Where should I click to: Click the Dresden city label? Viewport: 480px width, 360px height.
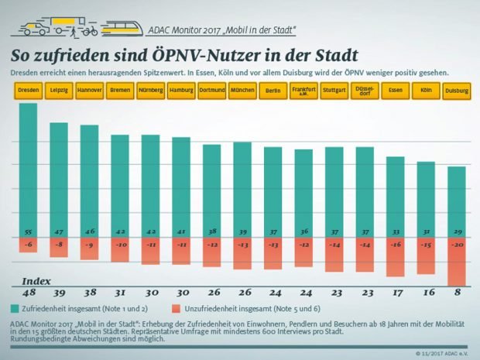click(x=28, y=91)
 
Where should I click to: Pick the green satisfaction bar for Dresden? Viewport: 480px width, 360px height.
click(x=28, y=170)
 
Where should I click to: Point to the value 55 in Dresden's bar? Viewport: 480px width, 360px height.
click(x=28, y=231)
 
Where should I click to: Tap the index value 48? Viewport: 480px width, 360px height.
click(x=28, y=293)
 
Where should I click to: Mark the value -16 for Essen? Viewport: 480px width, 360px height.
click(x=395, y=245)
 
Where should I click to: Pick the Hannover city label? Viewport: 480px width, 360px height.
click(x=89, y=91)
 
